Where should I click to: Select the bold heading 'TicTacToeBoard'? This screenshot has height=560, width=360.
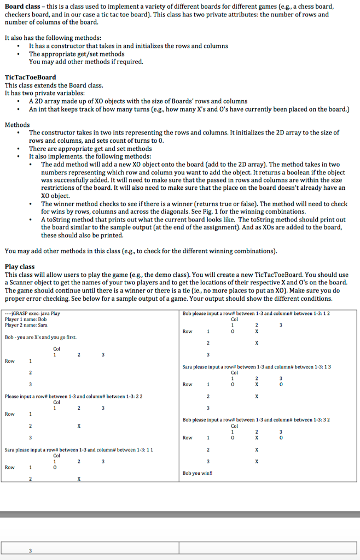click(30, 78)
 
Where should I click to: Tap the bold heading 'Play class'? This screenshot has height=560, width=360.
click(20, 267)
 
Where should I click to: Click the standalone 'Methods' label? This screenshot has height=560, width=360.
click(18, 125)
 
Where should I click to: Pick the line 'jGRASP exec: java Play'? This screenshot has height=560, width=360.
click(33, 314)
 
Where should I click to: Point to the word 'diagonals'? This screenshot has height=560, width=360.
click(173, 212)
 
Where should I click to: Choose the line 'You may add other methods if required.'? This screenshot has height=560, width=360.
click(86, 62)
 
